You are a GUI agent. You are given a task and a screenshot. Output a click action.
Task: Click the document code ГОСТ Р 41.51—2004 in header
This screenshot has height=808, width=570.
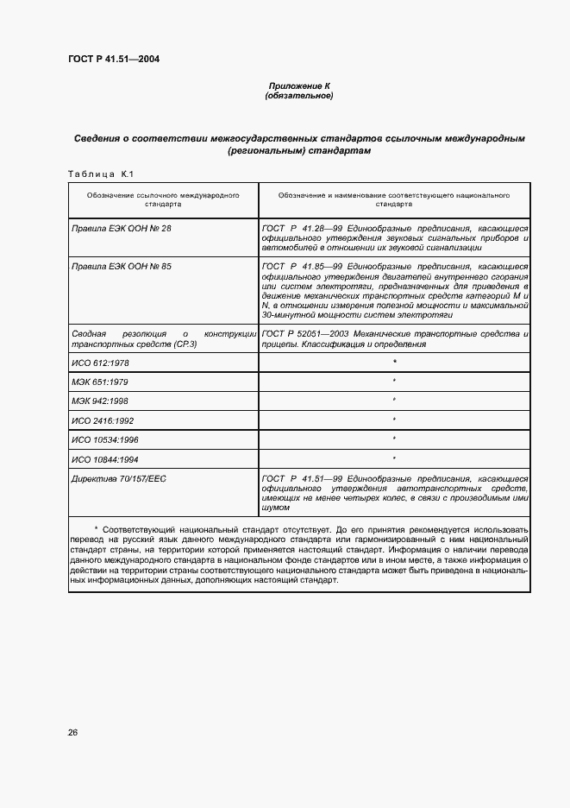(113, 59)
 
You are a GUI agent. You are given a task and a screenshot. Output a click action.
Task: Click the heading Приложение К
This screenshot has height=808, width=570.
(299, 86)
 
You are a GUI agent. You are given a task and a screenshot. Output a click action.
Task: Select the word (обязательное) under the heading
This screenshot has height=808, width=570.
(299, 96)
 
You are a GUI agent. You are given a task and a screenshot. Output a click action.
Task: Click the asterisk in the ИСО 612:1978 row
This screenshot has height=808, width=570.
(394, 362)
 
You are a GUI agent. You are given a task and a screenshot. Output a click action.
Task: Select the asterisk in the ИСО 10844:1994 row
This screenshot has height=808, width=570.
(394, 458)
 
